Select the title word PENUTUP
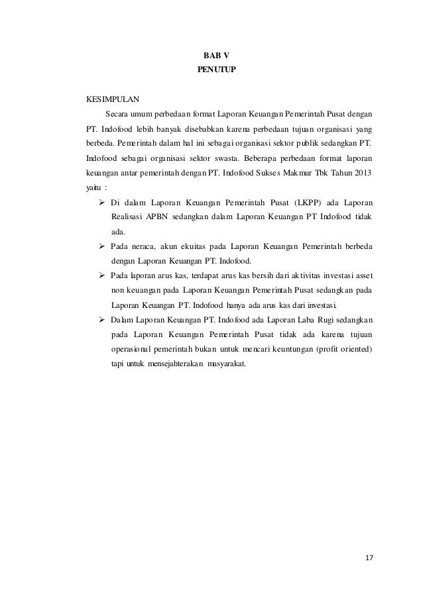(211, 69)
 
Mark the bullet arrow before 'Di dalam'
(102, 202)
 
